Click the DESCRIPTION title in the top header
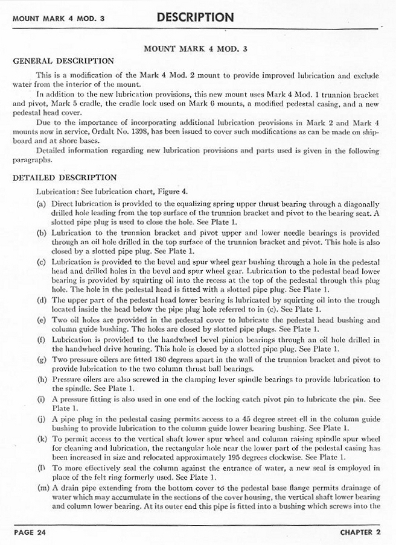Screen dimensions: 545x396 (x=195, y=17)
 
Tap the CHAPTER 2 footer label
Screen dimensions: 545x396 (x=360, y=532)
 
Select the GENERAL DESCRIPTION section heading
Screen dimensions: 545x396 (x=63, y=61)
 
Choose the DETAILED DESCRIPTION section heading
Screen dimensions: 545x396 (x=65, y=178)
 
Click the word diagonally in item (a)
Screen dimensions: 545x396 (x=360, y=204)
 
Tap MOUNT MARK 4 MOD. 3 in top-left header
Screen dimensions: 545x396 (x=59, y=18)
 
